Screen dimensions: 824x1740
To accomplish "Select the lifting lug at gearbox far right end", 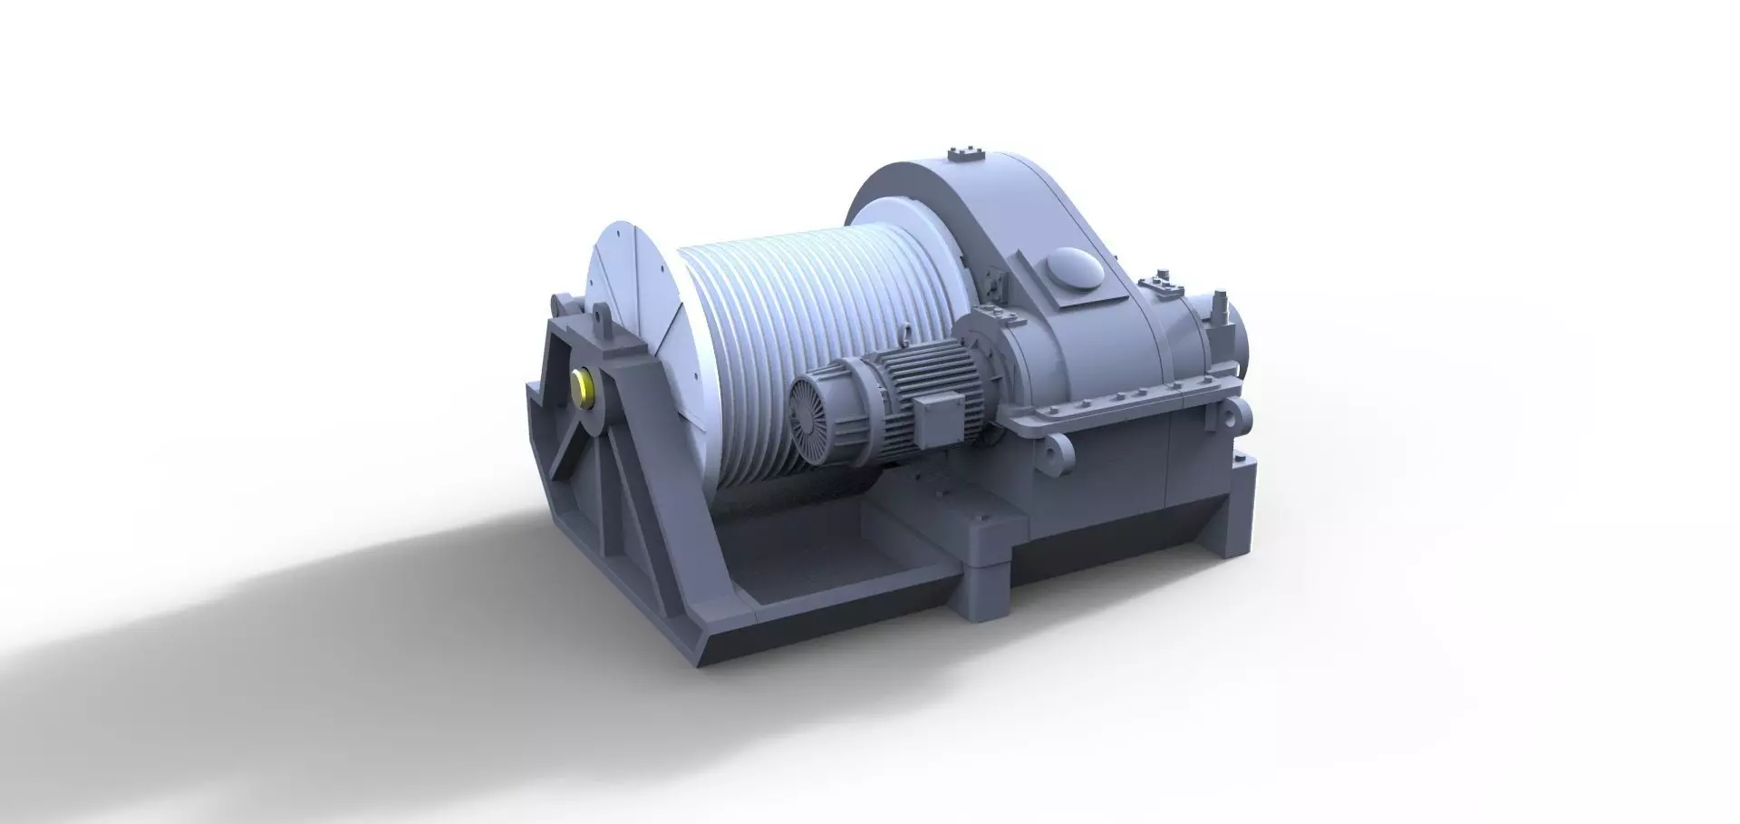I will coord(1230,418).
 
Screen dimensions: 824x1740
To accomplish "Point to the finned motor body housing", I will coord(893,390).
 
